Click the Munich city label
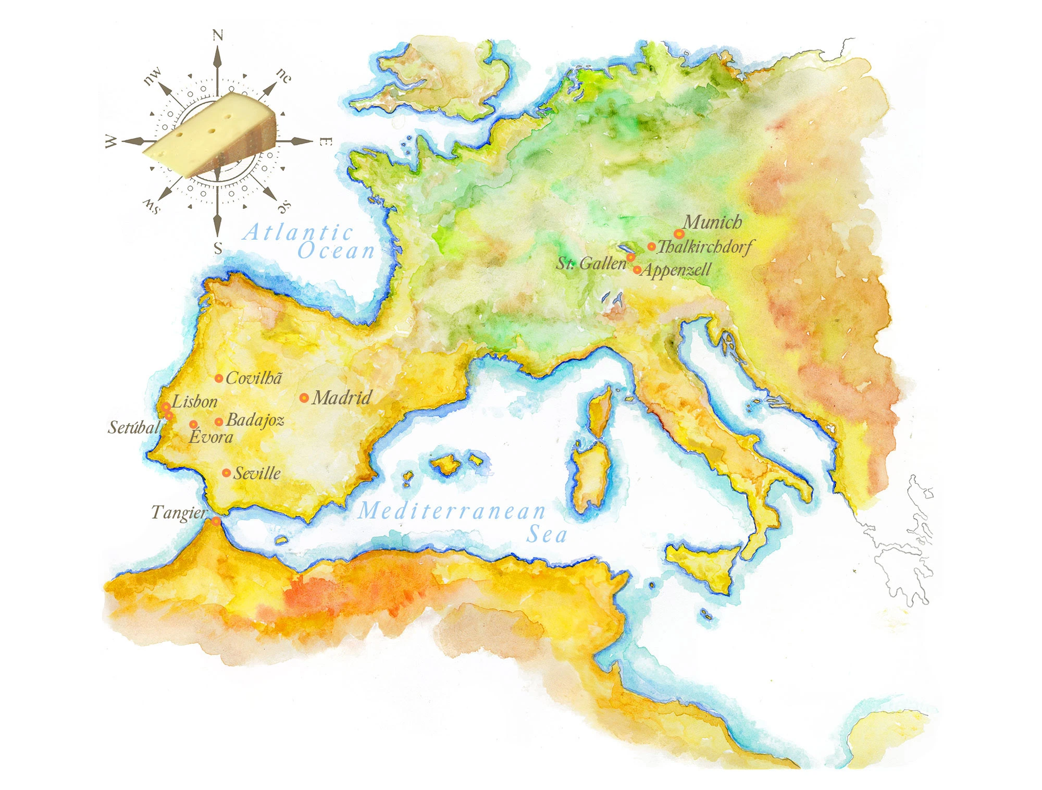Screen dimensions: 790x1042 point(712,223)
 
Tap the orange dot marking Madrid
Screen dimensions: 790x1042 point(304,398)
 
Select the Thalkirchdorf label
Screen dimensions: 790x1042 point(705,246)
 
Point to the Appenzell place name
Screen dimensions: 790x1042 point(676,270)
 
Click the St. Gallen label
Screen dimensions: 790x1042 point(591,264)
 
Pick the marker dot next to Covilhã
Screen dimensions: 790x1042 point(219,378)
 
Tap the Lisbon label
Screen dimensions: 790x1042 point(195,402)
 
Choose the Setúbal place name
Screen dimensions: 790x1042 point(134,428)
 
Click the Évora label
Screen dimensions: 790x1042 point(210,437)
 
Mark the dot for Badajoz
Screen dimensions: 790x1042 point(219,422)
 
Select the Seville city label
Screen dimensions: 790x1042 point(257,474)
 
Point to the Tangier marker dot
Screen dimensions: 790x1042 point(216,521)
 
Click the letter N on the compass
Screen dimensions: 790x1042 point(218,35)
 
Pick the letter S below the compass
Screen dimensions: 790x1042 point(218,249)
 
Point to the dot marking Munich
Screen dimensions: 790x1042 point(678,234)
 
